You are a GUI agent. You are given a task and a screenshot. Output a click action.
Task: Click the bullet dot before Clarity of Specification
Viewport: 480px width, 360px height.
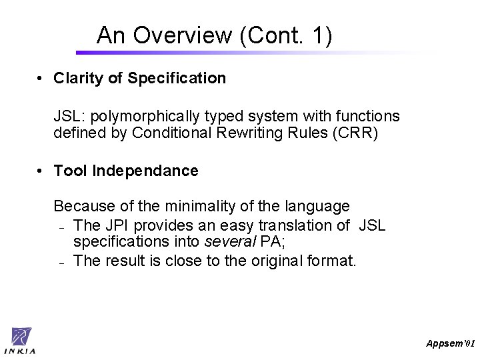[x=40, y=78]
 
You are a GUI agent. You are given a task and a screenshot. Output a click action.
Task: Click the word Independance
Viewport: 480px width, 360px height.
[x=145, y=171]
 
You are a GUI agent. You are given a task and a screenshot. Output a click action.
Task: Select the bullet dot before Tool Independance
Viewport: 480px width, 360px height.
[x=40, y=171]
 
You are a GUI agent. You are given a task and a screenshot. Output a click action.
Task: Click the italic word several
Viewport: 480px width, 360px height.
[x=224, y=241]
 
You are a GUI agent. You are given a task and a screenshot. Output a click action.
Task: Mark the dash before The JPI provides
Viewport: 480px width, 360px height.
[x=61, y=227]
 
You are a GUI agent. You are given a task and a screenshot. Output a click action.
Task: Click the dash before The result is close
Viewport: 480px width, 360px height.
[x=61, y=261]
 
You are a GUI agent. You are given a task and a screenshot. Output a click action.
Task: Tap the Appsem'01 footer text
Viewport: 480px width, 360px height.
[x=451, y=343]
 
